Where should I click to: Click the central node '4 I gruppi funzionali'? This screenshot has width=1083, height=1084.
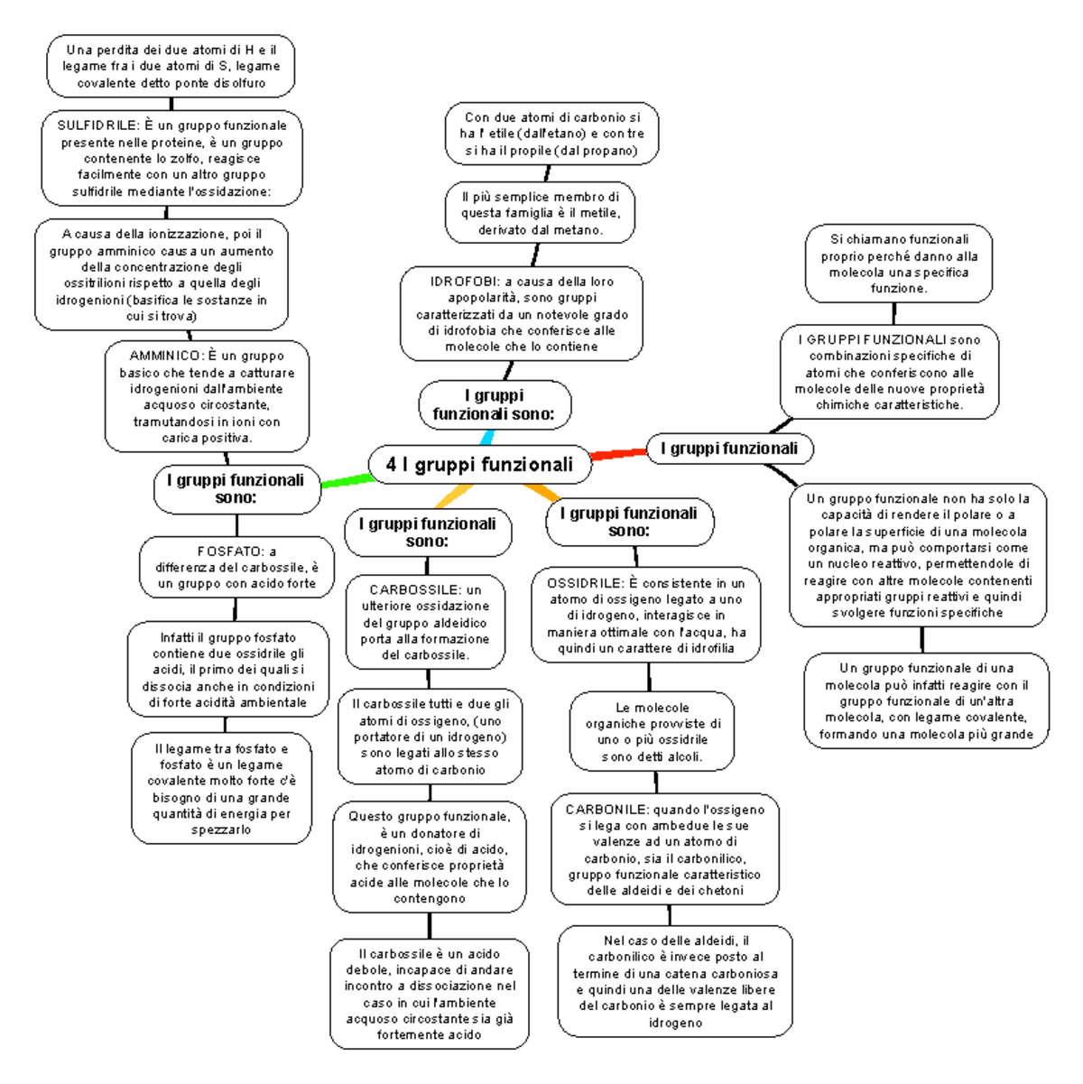pos(480,465)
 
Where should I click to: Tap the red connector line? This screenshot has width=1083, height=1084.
pos(619,453)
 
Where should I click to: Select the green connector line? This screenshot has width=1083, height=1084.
pos(347,482)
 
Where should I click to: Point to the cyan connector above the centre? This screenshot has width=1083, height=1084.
pos(486,437)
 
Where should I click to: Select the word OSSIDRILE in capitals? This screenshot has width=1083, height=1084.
pos(584,583)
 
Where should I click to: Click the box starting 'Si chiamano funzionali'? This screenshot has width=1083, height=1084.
pos(898,264)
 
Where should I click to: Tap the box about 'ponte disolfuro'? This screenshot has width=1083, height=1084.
pos(171,67)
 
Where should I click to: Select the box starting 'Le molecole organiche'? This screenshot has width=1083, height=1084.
pos(653,732)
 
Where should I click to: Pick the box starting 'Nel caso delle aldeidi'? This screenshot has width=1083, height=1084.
pos(675,981)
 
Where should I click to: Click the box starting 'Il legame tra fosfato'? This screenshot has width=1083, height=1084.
pos(221,789)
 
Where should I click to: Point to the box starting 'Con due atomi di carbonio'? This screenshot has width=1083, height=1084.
pos(551,134)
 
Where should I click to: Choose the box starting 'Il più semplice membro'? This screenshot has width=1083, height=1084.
pos(540,213)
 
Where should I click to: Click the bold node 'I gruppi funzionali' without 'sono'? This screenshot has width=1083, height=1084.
pos(729,449)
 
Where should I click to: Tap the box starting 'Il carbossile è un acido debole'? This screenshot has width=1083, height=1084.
pos(430,994)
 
